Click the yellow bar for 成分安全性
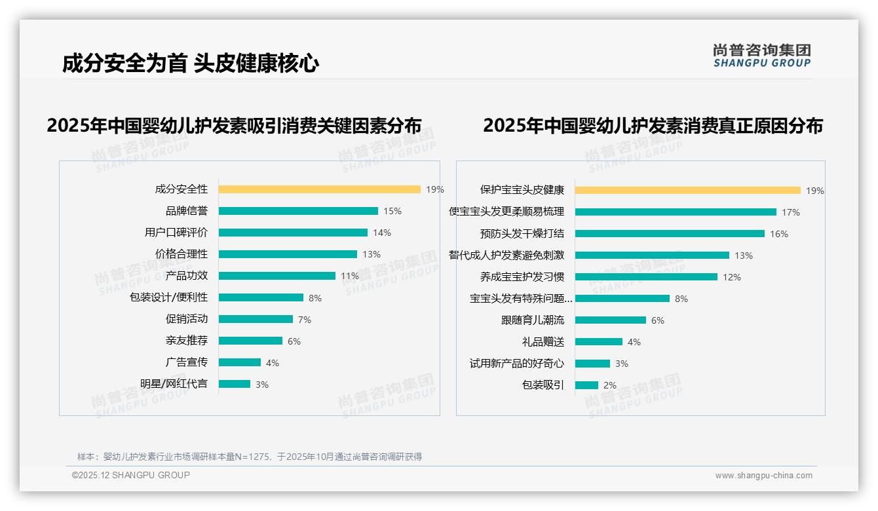(x=319, y=189)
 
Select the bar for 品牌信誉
(x=298, y=211)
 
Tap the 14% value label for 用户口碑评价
(x=382, y=233)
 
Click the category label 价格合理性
(x=181, y=254)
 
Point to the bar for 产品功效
(x=277, y=276)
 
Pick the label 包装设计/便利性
(x=168, y=297)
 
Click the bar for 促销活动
(x=256, y=319)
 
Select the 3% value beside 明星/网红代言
(x=262, y=385)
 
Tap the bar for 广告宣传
(x=239, y=362)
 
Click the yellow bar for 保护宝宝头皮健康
(x=687, y=191)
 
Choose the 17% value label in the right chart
(x=791, y=212)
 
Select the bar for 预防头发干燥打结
(x=670, y=234)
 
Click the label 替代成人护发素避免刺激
(x=506, y=255)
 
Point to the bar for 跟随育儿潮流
(x=610, y=320)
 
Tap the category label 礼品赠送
(x=543, y=342)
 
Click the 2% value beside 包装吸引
(x=610, y=385)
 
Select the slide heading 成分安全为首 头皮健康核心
(x=191, y=64)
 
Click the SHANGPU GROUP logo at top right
(x=762, y=56)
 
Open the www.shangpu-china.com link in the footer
(x=763, y=476)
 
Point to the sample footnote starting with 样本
(x=250, y=457)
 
